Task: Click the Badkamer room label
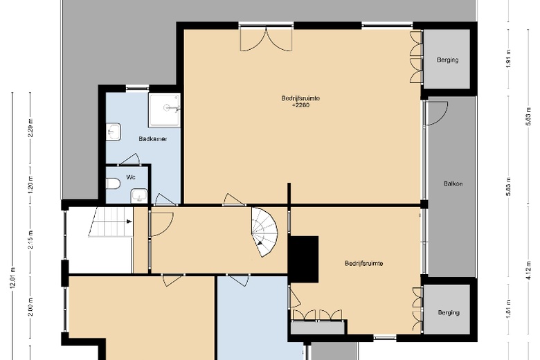152,138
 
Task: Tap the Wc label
130,177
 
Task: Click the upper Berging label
448,60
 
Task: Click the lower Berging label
448,312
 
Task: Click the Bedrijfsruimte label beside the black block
364,263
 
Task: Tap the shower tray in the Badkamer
165,109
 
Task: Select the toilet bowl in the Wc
114,183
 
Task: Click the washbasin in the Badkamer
114,132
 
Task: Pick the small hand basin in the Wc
139,195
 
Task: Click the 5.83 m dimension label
508,186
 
